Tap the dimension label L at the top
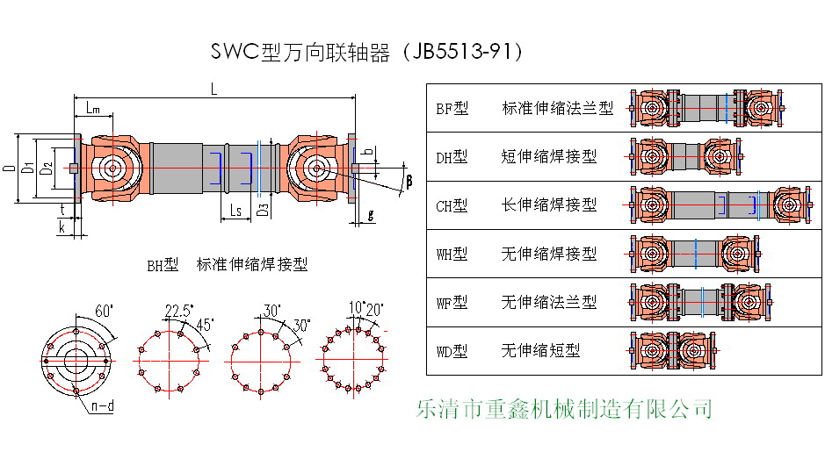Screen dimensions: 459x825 [215, 88]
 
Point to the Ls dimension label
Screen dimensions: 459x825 [235, 211]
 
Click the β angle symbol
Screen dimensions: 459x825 [409, 181]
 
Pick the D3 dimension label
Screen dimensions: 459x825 [262, 211]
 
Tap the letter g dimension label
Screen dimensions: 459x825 [370, 213]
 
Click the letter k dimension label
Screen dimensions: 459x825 [63, 226]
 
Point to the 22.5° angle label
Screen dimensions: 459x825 [178, 312]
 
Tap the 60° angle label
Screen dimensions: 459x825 [105, 312]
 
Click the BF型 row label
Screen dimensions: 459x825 [452, 109]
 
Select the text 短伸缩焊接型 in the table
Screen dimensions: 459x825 [548, 157]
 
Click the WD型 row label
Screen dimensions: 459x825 [452, 351]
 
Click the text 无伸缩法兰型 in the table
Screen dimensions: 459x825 [548, 303]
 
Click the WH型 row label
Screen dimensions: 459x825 [452, 255]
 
